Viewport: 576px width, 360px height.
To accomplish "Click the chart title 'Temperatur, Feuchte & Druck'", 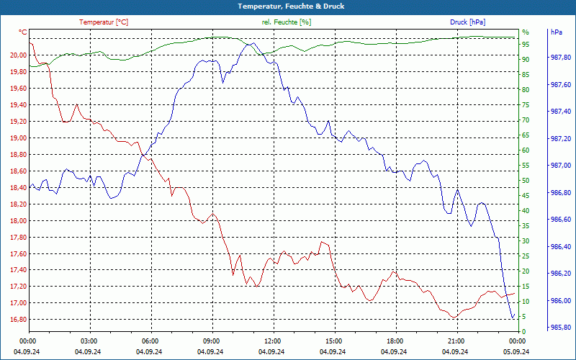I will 288,6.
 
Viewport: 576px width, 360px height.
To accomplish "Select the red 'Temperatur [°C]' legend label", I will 104,22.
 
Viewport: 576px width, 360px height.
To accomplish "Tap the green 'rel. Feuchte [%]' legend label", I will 287,22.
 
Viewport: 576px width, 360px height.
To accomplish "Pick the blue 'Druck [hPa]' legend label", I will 469,22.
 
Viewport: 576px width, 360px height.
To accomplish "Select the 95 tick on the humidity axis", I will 526,45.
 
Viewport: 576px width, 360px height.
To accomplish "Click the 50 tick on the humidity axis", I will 526,181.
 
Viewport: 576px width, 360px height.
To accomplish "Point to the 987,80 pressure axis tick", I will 560,58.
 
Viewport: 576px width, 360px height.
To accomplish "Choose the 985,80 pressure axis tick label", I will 560,327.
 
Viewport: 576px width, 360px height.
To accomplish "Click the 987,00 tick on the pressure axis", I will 560,166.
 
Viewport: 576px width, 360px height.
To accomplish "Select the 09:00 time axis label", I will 210,341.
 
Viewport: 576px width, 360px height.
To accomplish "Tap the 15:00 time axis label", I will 332,341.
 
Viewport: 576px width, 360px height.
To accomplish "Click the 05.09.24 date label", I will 516,351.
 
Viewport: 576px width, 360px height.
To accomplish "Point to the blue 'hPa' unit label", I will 557,32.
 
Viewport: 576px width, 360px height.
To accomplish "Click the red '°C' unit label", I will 23,32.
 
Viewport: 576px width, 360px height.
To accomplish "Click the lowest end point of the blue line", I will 513,318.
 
